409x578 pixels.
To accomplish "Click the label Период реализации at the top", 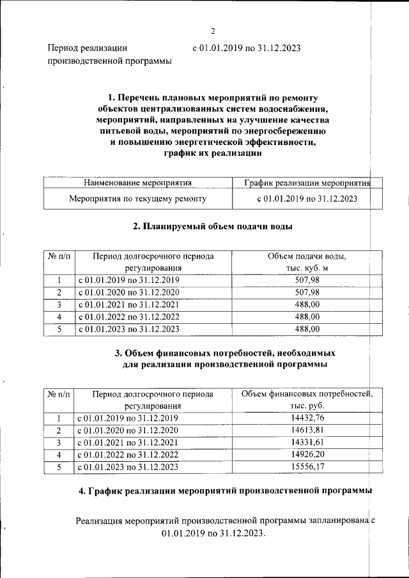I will [x=88, y=47].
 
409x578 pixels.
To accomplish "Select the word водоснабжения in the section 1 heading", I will [x=295, y=109].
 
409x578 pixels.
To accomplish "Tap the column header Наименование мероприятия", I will [x=138, y=183].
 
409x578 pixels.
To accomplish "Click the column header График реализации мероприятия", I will [x=307, y=183].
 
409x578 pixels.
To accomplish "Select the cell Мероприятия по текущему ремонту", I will [x=138, y=199].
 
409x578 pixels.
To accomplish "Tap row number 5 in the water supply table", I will [x=59, y=330].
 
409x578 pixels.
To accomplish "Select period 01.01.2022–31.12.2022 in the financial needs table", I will [x=128, y=455].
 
